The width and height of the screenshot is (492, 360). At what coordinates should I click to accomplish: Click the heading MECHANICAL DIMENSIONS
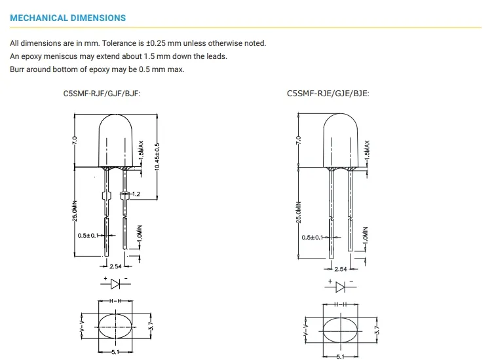click(x=68, y=18)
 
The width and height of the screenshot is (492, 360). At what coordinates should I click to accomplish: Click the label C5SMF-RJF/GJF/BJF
click(x=102, y=93)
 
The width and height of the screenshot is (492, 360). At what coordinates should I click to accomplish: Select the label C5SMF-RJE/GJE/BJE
click(x=328, y=93)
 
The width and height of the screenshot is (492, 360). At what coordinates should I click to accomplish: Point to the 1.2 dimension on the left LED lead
click(x=136, y=194)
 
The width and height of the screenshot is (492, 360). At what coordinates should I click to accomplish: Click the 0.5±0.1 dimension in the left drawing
click(x=88, y=235)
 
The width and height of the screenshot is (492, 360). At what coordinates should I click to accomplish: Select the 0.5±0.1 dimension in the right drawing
click(x=312, y=238)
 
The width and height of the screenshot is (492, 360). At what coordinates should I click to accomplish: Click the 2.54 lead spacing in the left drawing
click(x=115, y=267)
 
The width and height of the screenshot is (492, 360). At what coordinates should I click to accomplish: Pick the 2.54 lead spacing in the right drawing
click(x=341, y=269)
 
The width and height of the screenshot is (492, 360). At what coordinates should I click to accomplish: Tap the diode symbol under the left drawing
click(x=115, y=283)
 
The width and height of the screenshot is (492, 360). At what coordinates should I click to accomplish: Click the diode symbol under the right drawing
click(x=340, y=287)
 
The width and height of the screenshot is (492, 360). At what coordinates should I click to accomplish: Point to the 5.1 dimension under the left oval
click(x=114, y=352)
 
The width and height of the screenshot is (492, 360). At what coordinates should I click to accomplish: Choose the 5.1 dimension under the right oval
click(x=340, y=356)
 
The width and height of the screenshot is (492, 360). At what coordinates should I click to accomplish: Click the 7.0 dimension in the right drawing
click(x=298, y=140)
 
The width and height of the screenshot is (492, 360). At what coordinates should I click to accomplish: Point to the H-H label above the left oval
click(x=115, y=300)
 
